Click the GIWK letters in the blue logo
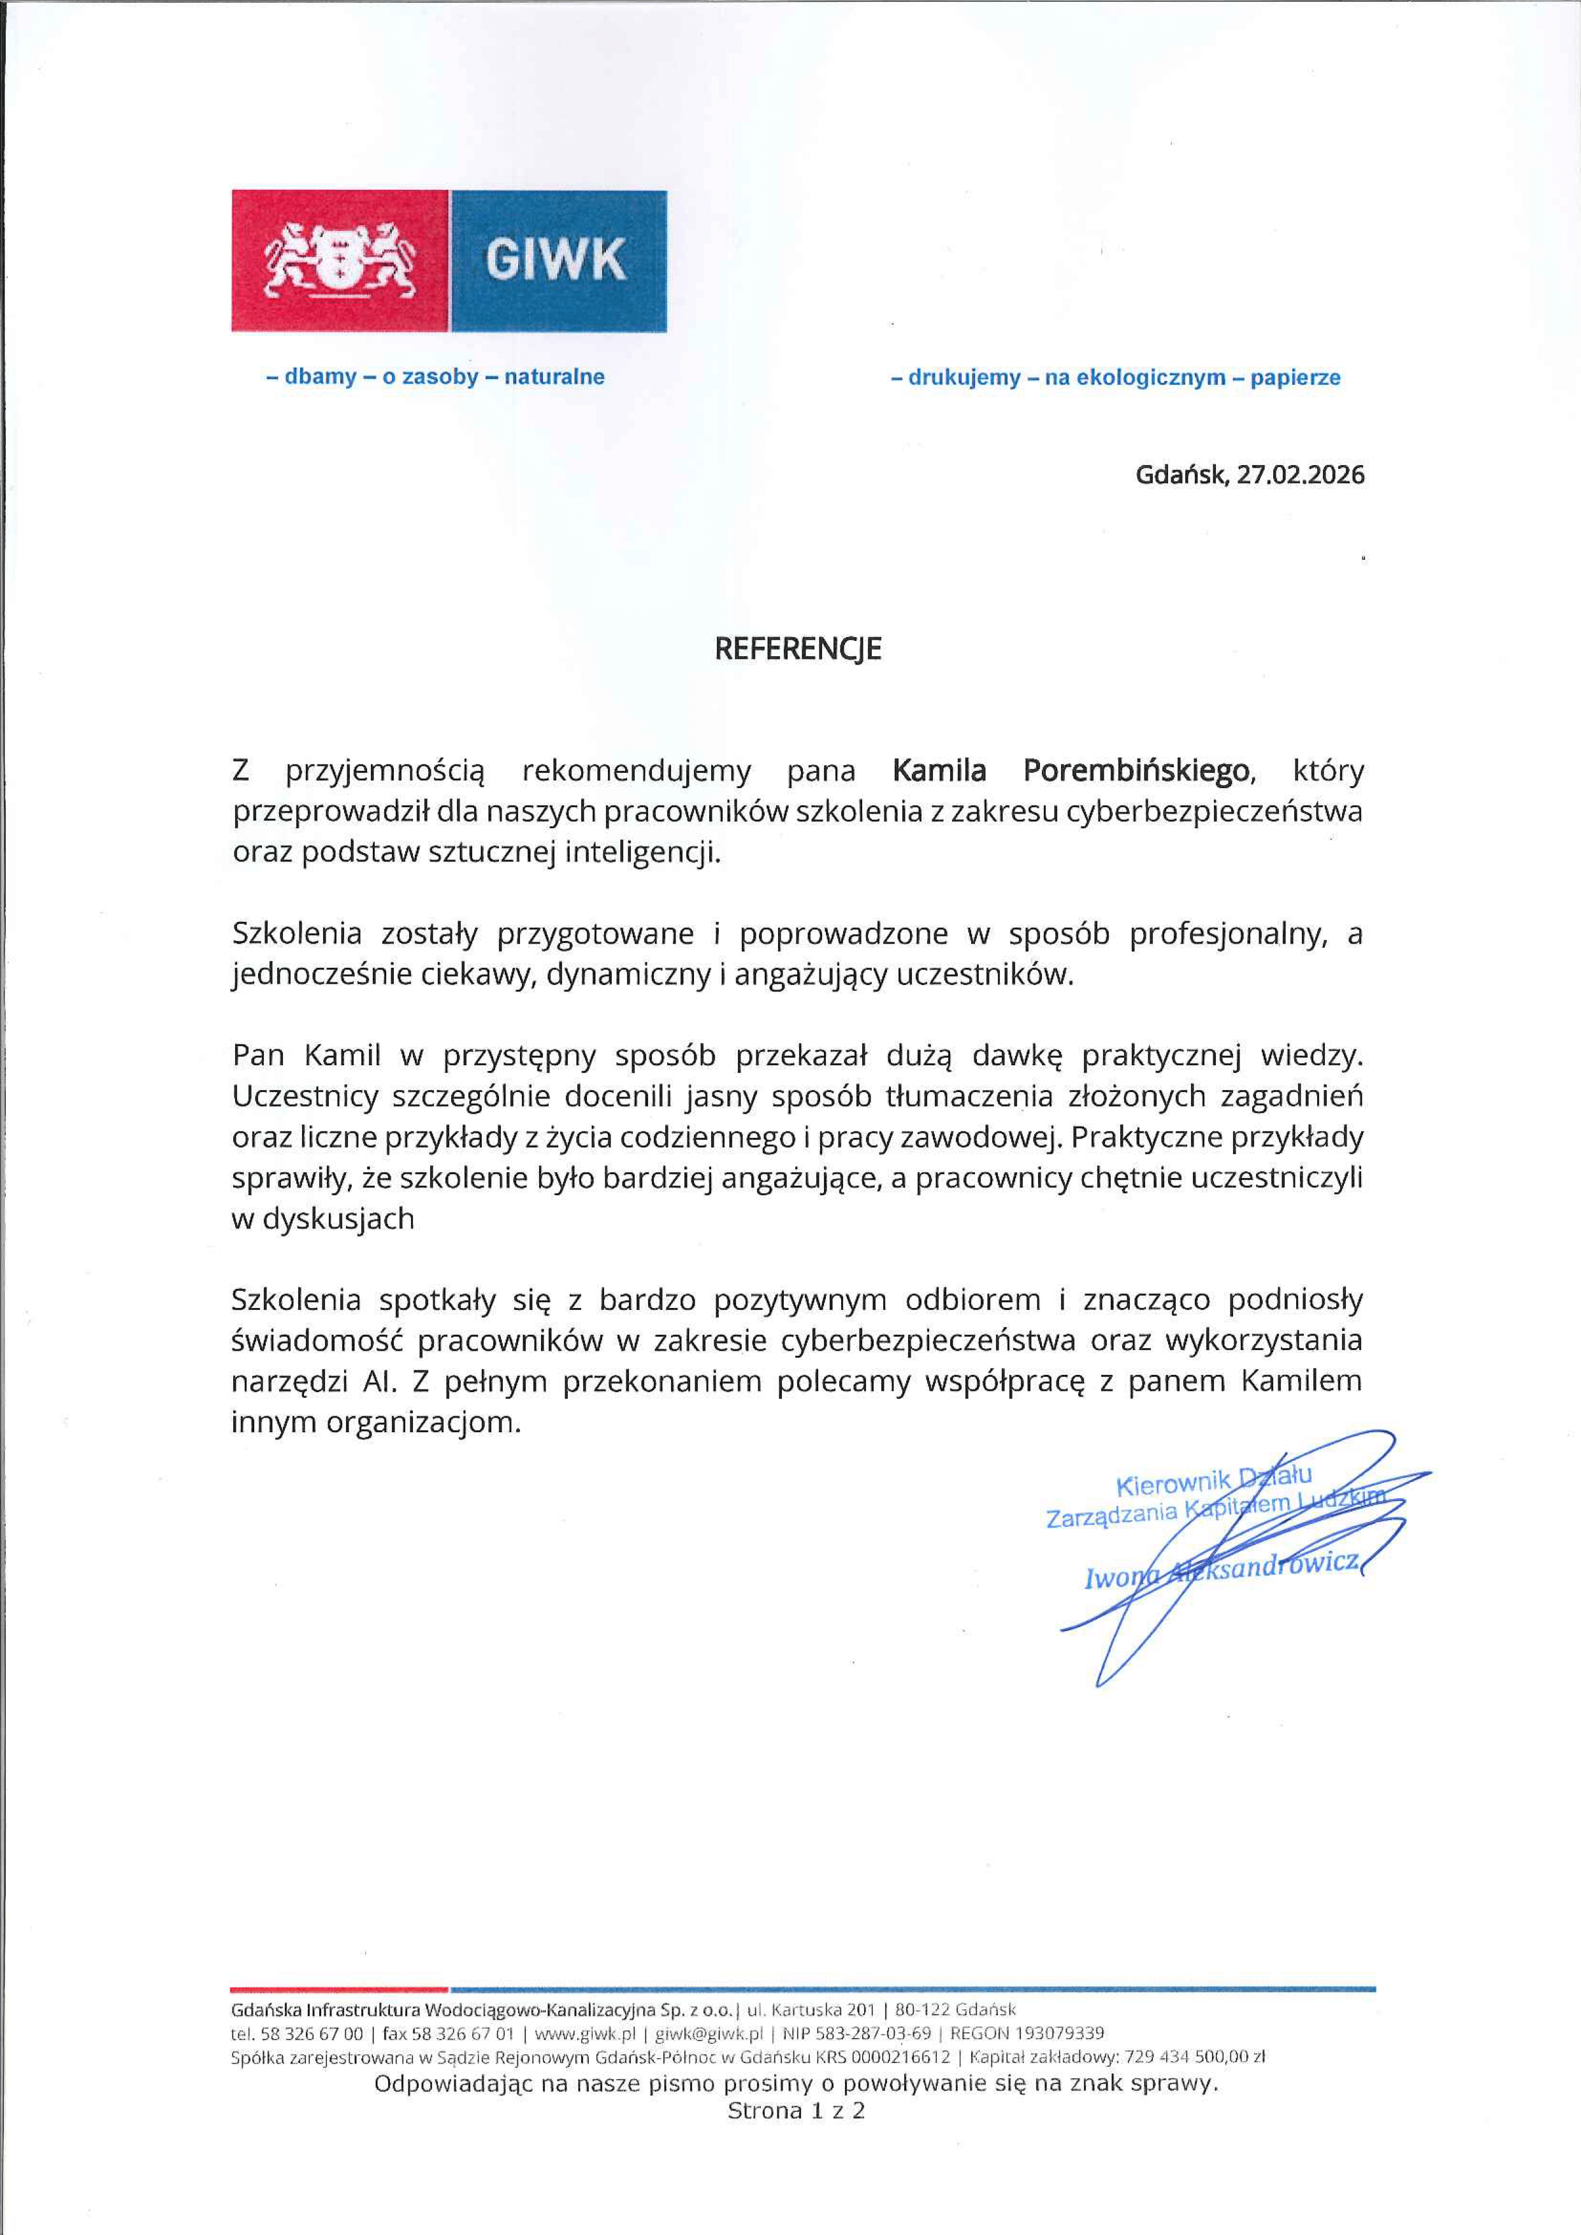[x=556, y=260]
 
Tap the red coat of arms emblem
[x=340, y=260]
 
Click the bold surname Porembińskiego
[x=1136, y=771]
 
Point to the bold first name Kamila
[x=939, y=771]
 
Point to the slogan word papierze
[x=1295, y=378]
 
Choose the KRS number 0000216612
[x=900, y=2057]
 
